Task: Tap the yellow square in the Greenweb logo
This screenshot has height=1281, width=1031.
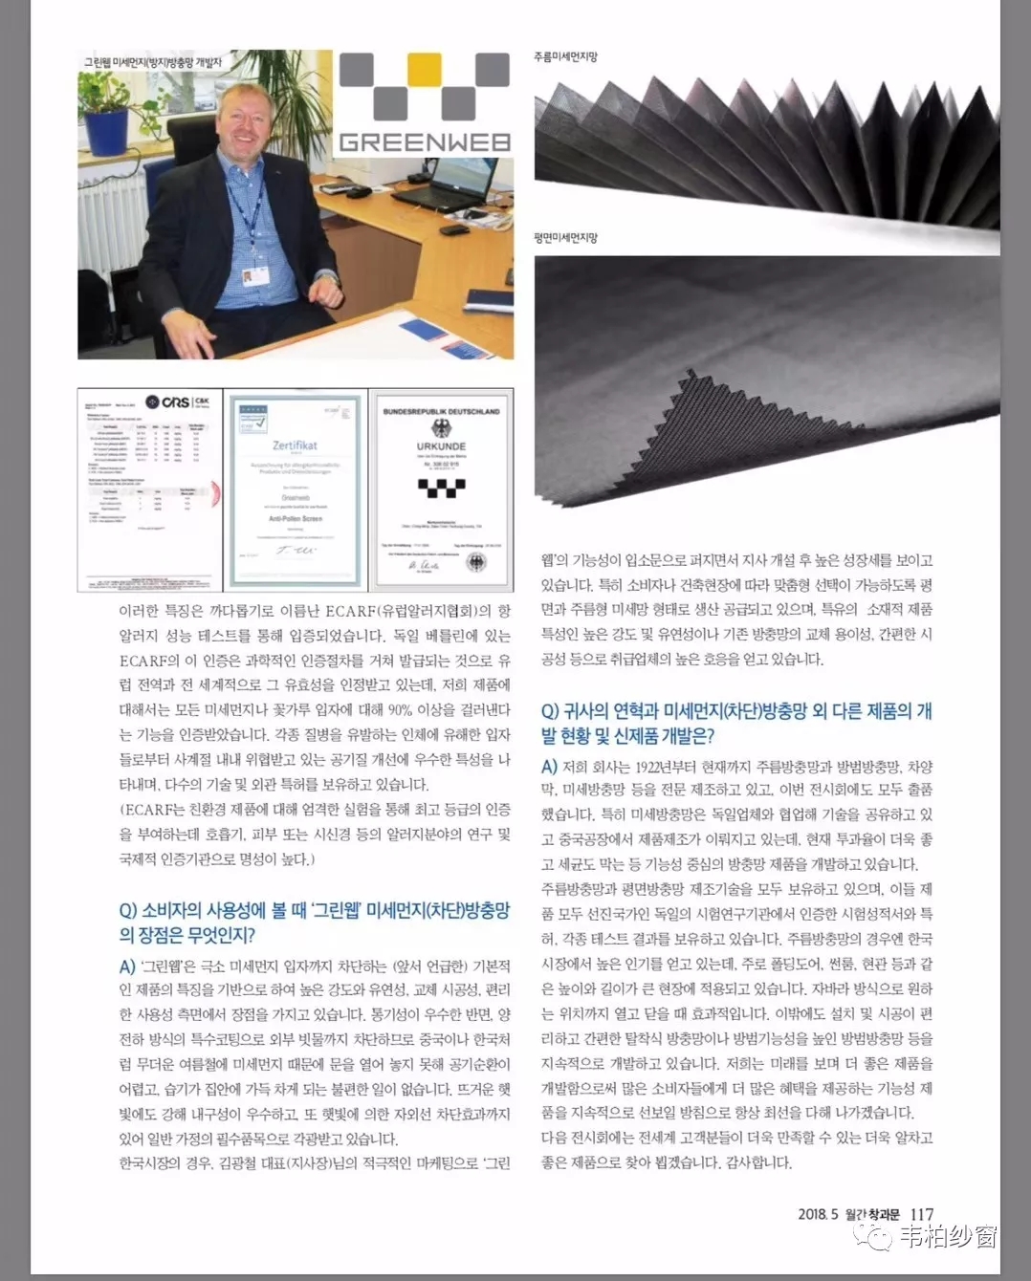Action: click(424, 69)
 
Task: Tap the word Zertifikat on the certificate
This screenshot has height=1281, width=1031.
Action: click(295, 445)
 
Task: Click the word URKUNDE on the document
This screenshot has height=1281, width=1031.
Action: click(441, 446)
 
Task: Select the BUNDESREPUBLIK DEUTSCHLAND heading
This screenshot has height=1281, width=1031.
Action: click(441, 411)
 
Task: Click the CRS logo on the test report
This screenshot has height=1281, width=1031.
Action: click(178, 402)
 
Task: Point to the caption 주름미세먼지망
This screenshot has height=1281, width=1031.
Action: click(565, 57)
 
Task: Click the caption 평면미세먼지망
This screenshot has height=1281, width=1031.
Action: click(565, 238)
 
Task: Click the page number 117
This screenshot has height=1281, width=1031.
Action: click(921, 1214)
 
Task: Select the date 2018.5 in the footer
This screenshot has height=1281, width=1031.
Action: click(818, 1214)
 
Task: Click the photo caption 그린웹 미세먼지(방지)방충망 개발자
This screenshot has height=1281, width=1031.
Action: click(153, 62)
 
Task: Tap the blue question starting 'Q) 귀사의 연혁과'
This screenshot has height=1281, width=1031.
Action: click(735, 723)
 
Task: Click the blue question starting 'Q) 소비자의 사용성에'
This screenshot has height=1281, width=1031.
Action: click(315, 922)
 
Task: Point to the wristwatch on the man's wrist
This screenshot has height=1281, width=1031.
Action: click(328, 280)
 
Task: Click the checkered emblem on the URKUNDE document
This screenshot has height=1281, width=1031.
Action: click(441, 488)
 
